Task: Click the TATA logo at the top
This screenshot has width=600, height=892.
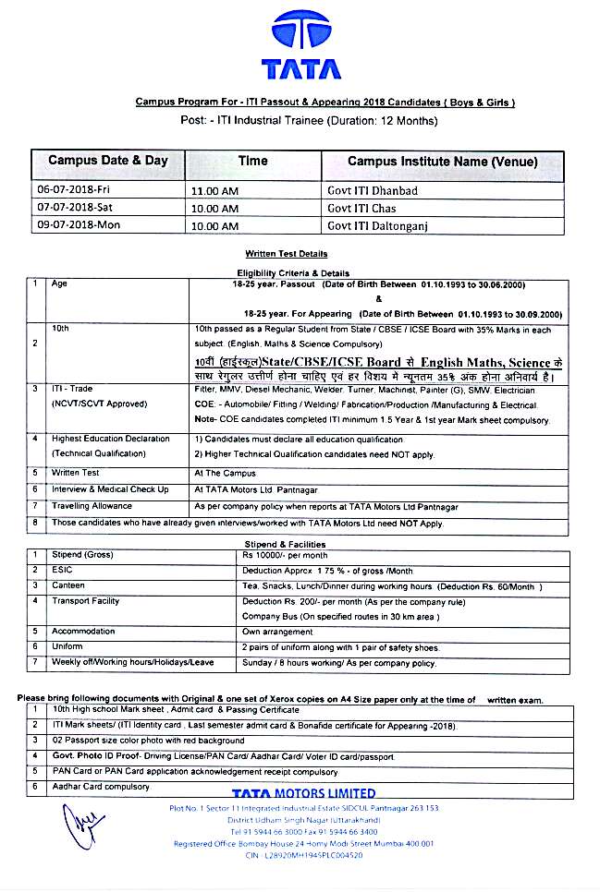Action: [300, 45]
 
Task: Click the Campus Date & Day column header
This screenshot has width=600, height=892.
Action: [108, 161]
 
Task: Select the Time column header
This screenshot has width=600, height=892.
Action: [252, 161]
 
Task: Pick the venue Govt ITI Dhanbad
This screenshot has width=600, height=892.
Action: [373, 190]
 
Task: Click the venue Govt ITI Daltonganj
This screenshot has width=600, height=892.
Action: [378, 225]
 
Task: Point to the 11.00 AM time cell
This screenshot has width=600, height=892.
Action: [216, 191]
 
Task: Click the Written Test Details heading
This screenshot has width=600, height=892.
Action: [286, 254]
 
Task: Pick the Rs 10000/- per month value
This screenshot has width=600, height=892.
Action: [285, 556]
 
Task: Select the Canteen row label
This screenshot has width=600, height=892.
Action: [70, 586]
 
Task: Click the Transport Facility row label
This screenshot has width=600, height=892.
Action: [86, 601]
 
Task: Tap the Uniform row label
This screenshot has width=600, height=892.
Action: [69, 647]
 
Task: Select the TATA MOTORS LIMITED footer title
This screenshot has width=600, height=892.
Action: [303, 793]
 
